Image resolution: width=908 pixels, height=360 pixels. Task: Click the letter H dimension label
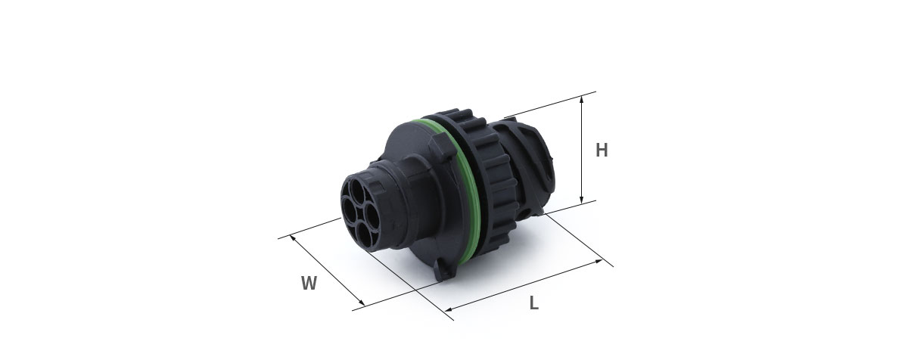[602, 151]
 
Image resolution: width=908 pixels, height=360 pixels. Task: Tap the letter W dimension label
[309, 283]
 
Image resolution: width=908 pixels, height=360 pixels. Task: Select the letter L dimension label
[534, 303]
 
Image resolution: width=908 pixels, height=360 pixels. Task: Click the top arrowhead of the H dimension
[581, 99]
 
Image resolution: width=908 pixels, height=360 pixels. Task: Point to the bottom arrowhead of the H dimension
[581, 200]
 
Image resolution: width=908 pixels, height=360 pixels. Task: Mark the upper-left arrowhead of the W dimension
[293, 238]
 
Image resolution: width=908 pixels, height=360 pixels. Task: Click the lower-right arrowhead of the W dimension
[362, 303]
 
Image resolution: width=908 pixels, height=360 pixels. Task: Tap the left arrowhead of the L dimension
[448, 310]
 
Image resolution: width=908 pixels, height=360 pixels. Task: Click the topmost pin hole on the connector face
[357, 189]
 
